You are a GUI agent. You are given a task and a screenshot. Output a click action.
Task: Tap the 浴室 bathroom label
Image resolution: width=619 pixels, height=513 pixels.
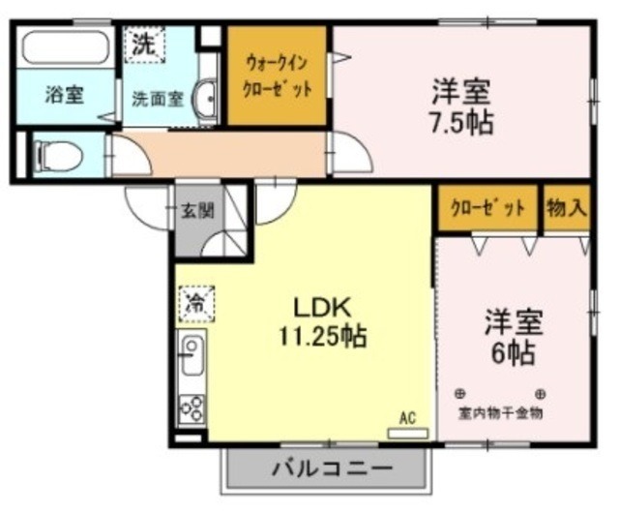coord(65,95)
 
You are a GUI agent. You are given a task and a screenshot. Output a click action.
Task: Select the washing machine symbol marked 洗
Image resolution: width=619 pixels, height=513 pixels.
coord(143,44)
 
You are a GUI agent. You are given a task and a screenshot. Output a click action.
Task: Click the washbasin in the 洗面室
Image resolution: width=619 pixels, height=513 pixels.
coord(205,99)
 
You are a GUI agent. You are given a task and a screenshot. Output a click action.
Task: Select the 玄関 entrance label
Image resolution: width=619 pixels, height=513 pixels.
coord(198,212)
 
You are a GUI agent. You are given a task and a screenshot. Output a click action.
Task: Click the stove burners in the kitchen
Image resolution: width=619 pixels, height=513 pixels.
coord(192,408)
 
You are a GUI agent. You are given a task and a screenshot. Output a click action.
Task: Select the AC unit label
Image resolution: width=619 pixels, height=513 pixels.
coord(407,417)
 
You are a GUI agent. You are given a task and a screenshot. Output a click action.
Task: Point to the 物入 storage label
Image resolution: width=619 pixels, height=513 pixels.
coord(566,207)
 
